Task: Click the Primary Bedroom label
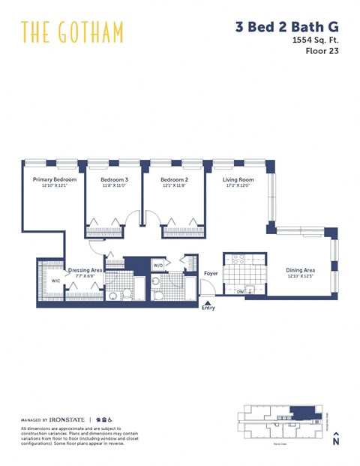(x=54, y=180)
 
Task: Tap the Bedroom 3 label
(x=115, y=180)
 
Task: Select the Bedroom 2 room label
(x=174, y=180)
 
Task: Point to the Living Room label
(x=238, y=180)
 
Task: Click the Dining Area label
(x=301, y=270)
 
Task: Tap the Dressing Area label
(x=85, y=270)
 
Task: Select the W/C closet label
(x=55, y=281)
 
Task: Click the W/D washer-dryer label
(x=158, y=266)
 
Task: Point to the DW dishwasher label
(x=240, y=291)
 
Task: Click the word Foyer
(x=211, y=273)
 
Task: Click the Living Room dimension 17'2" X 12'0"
(x=238, y=186)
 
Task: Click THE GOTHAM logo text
(x=72, y=32)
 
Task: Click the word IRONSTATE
(x=67, y=419)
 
